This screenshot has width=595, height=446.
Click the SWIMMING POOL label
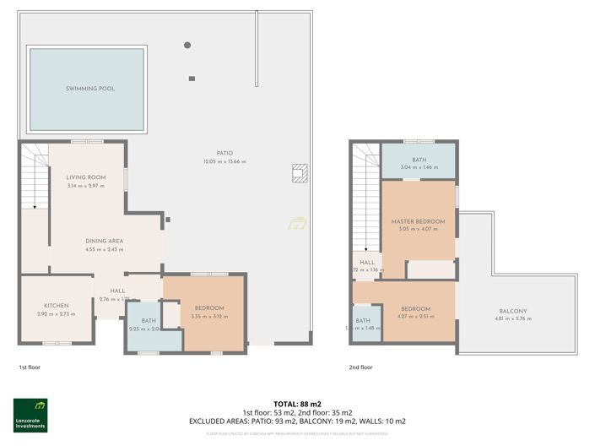pyautogui.click(x=90, y=88)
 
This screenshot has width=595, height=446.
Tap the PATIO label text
pyautogui.click(x=224, y=153)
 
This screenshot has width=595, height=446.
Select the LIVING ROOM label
pyautogui.click(x=85, y=177)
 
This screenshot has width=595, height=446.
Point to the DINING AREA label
pyautogui.click(x=104, y=241)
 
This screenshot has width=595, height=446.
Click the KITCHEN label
pyautogui.click(x=57, y=306)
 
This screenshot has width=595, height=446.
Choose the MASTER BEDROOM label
pyautogui.click(x=418, y=221)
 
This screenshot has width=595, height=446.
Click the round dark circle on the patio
pyautogui.click(x=187, y=45)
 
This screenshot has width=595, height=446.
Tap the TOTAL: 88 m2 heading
pyautogui.click(x=298, y=404)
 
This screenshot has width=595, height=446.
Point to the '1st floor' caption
pyautogui.click(x=30, y=367)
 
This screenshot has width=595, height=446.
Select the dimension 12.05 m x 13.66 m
pyautogui.click(x=224, y=161)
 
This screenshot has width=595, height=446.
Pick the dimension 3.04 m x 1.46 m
pyautogui.click(x=419, y=168)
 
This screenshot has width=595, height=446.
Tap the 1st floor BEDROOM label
pyautogui.click(x=208, y=307)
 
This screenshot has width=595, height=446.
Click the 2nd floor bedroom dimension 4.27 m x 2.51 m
pyautogui.click(x=416, y=317)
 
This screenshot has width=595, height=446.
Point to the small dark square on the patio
pyautogui.click(x=192, y=79)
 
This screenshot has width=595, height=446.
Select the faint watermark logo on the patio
pyautogui.click(x=297, y=224)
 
